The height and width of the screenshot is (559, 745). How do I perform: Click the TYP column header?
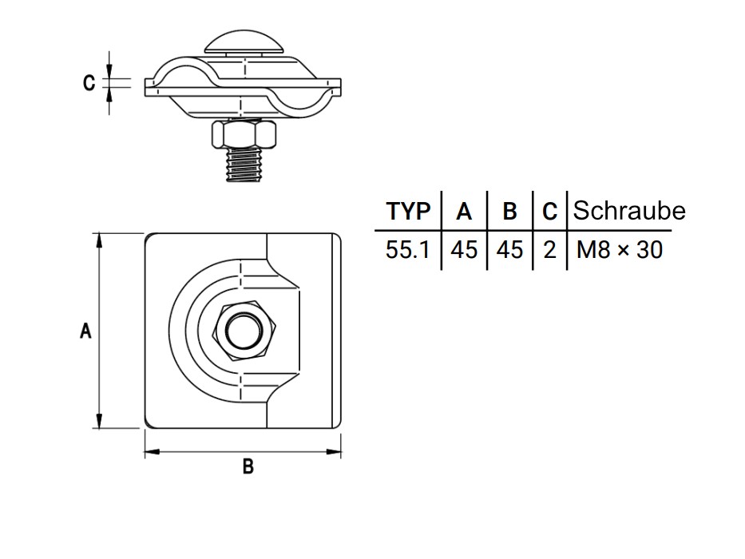408,212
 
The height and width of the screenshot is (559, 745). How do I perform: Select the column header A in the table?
464,212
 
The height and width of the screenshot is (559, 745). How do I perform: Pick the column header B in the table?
509,212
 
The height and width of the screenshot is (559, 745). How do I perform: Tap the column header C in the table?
549,212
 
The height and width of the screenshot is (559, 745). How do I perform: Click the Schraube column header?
629,211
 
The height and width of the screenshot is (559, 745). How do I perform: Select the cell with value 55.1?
407,250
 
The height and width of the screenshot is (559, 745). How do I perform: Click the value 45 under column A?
464,250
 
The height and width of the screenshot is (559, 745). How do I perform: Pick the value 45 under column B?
509,250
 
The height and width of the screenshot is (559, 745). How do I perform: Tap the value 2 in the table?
549,250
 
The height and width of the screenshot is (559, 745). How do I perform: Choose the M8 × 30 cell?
619,250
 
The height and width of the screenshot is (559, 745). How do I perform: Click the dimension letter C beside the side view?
89,82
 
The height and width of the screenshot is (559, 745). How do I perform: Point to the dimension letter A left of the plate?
85,331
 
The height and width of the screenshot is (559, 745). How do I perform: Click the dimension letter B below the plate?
248,467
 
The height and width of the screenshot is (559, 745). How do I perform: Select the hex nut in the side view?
245,135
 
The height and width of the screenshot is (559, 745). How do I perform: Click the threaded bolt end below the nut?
244,165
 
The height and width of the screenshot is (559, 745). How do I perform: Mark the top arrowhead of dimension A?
99,239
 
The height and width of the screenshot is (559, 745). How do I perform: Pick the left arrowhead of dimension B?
150,453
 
